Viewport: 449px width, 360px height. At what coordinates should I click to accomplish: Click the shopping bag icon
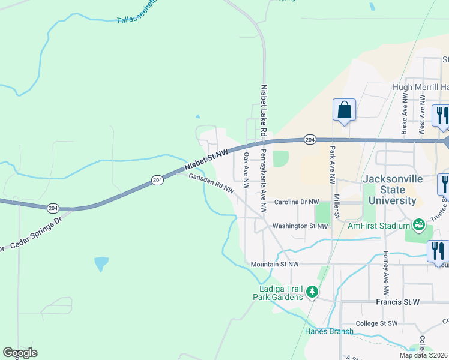coord(344,110)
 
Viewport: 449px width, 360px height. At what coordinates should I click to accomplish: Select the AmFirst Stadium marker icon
coord(419,225)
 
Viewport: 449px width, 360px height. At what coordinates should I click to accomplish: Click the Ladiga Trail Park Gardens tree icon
coord(312,292)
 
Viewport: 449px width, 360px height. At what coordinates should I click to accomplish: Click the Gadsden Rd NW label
coord(211,184)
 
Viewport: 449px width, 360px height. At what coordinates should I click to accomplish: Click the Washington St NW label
coord(300,226)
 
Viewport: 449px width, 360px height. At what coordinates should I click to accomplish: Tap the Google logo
coord(20,353)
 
